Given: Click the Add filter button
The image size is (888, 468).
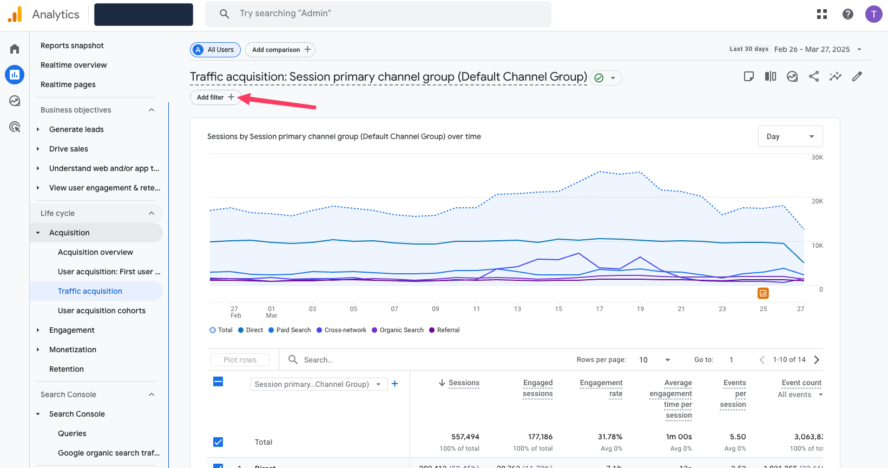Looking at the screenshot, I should (215, 97).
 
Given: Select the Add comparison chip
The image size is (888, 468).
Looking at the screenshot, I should (280, 50).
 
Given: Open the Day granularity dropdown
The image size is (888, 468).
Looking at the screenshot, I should (790, 136).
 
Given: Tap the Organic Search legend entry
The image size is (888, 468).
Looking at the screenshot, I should (398, 330).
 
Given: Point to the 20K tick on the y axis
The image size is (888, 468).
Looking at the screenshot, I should (817, 201).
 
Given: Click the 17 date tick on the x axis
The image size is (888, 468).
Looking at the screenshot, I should (600, 309).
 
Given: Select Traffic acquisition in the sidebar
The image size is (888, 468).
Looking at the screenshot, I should (90, 291).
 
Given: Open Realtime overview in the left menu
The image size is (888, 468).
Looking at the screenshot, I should (74, 65).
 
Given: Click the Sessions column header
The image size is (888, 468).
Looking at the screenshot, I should (463, 383).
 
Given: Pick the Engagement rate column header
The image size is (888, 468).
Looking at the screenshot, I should (601, 388).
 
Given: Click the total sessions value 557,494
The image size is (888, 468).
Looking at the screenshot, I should (465, 437).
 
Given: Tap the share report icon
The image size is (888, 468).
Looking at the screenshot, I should (813, 76).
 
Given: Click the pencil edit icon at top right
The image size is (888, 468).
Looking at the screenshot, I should (857, 76).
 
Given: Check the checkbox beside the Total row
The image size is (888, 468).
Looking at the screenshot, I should (218, 442).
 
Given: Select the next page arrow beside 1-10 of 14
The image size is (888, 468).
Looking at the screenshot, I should (817, 360).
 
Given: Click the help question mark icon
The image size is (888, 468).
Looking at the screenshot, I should (847, 14).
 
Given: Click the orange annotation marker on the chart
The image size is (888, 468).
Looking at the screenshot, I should (763, 293).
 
